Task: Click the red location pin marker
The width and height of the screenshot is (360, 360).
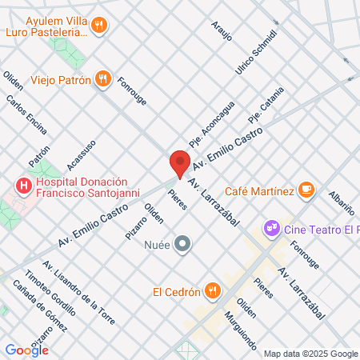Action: (x=180, y=162)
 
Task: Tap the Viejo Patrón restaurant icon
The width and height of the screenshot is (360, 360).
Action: (x=102, y=78)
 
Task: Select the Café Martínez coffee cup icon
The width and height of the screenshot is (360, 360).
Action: (x=306, y=190)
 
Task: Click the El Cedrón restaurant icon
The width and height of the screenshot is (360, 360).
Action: (x=212, y=290)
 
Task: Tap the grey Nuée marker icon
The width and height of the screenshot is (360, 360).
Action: (x=183, y=243)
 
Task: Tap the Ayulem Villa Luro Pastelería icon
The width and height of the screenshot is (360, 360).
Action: (x=99, y=26)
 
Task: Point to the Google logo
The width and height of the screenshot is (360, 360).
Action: (x=26, y=350)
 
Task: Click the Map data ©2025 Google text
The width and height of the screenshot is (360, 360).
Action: (x=311, y=354)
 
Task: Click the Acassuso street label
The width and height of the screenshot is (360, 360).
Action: (x=81, y=154)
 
